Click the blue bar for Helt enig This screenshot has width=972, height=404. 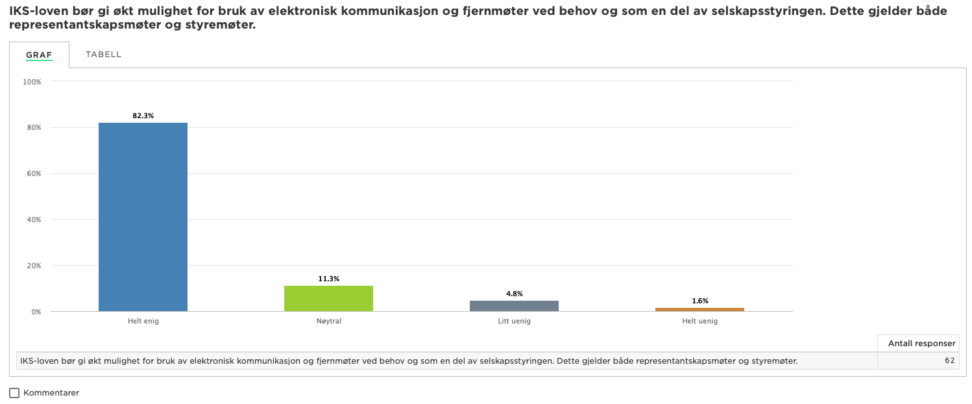click(143, 217)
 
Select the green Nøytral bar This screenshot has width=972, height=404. click(328, 298)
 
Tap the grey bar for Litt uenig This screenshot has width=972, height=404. click(514, 306)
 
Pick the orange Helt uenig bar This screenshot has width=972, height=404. click(699, 310)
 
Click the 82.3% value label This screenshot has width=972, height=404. click(143, 116)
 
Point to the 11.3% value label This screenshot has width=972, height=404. click(328, 279)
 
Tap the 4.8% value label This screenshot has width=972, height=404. click(514, 294)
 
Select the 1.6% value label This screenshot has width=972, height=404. click(700, 301)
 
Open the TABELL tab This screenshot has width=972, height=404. click(103, 55)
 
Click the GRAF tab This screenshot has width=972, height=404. click(39, 55)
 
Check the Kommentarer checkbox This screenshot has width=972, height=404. click(14, 393)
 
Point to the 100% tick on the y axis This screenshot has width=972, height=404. click(32, 82)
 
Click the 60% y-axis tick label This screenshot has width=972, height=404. click(34, 174)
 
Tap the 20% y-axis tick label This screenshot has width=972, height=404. click(34, 266)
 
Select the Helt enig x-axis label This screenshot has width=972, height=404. click(143, 321)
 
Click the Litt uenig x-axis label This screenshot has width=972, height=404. click(514, 321)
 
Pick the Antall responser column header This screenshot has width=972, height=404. click(921, 343)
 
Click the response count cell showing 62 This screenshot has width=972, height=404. click(950, 360)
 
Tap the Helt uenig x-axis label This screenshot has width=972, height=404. click(700, 321)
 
